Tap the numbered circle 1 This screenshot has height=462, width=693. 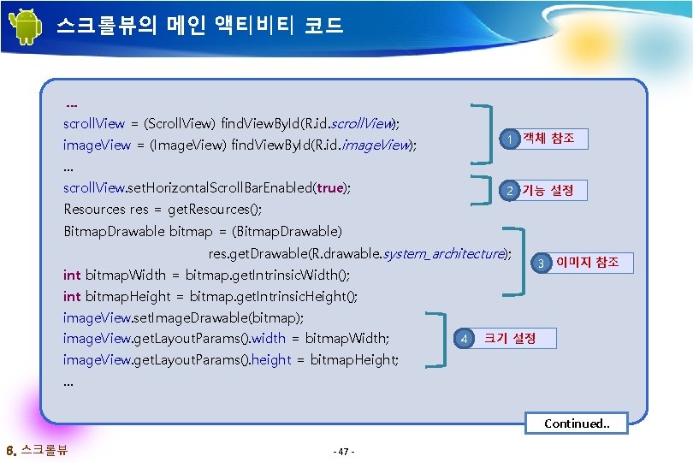click(x=509, y=139)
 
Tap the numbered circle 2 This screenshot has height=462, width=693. click(x=509, y=191)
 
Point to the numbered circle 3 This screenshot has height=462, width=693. click(x=541, y=263)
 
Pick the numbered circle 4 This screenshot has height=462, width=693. click(x=463, y=339)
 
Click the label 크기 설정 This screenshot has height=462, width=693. click(x=510, y=338)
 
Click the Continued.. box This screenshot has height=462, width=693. click(x=577, y=423)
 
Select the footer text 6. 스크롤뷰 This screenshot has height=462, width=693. click(x=38, y=450)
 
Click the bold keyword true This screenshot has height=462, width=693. click(x=329, y=187)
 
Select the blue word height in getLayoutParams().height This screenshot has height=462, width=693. click(x=272, y=360)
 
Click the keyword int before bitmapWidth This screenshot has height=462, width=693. click(x=73, y=275)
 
